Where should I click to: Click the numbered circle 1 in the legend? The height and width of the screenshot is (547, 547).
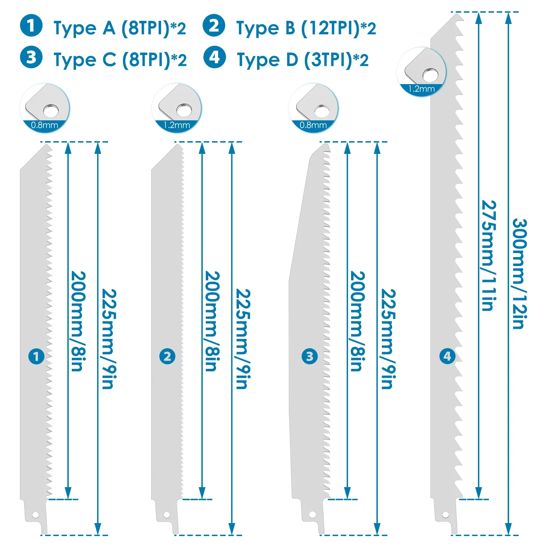31,26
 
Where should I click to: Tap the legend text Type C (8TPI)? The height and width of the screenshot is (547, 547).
120,60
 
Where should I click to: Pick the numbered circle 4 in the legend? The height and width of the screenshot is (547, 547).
214,57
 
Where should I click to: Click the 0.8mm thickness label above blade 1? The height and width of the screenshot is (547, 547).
44,125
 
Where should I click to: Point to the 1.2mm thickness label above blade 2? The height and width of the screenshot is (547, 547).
177,125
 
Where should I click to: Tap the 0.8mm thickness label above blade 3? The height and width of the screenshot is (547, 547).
313,125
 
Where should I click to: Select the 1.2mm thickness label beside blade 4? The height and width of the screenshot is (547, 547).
422,89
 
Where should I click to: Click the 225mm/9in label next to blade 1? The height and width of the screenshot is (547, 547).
109,339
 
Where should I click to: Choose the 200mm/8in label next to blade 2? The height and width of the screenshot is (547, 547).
212,321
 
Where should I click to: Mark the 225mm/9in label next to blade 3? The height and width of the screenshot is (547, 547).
388,339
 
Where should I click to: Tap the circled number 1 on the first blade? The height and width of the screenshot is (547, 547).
36,357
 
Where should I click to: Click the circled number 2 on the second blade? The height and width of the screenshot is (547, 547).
167,357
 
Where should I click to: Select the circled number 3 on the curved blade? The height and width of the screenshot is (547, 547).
309,357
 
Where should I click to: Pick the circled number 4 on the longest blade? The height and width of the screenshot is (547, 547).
447,357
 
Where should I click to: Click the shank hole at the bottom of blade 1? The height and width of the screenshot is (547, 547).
35,515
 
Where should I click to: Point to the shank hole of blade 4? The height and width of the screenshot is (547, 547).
445,515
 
